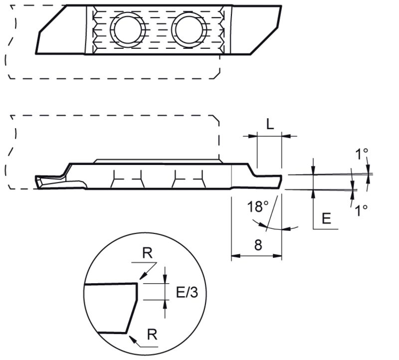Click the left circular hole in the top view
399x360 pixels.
(x=128, y=28)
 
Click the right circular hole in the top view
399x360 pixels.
(x=189, y=28)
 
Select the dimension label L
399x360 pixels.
(x=270, y=125)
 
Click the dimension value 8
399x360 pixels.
(x=258, y=244)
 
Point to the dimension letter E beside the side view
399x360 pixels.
(x=326, y=218)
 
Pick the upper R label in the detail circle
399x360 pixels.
(x=148, y=253)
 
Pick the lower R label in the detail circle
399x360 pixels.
(x=153, y=334)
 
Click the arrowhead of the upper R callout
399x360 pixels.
(x=140, y=278)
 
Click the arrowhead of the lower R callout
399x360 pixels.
(x=130, y=338)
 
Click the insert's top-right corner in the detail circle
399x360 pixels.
(x=136, y=284)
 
